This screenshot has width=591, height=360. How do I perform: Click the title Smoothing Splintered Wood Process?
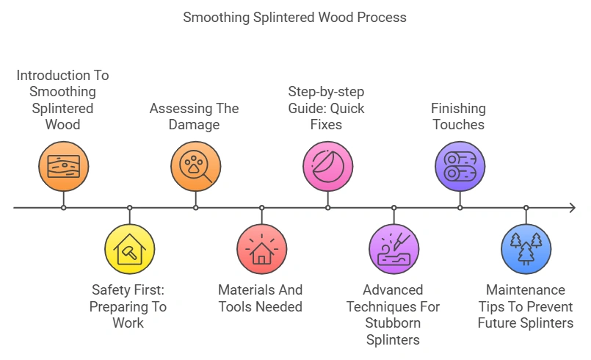click(x=294, y=17)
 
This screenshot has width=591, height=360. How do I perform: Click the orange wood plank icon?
click(x=63, y=167)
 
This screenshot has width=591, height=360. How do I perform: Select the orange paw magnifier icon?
click(x=195, y=167)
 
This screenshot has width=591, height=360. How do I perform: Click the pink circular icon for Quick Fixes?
click(x=327, y=167)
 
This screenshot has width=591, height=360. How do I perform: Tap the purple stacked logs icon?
click(x=460, y=167)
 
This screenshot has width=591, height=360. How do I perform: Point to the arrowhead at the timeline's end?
click(x=572, y=208)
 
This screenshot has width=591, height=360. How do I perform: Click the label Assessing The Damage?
click(x=195, y=116)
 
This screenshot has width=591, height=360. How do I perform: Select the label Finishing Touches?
click(x=458, y=116)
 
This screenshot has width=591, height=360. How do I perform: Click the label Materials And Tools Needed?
click(x=261, y=298)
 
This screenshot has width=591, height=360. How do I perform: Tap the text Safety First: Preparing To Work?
click(x=128, y=306)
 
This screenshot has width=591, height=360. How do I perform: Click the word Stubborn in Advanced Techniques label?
click(x=393, y=323)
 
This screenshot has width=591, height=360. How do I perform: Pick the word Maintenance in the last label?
click(x=526, y=290)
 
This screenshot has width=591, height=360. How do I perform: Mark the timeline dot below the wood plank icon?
click(x=63, y=208)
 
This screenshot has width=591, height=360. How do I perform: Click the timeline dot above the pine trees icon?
click(x=526, y=208)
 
